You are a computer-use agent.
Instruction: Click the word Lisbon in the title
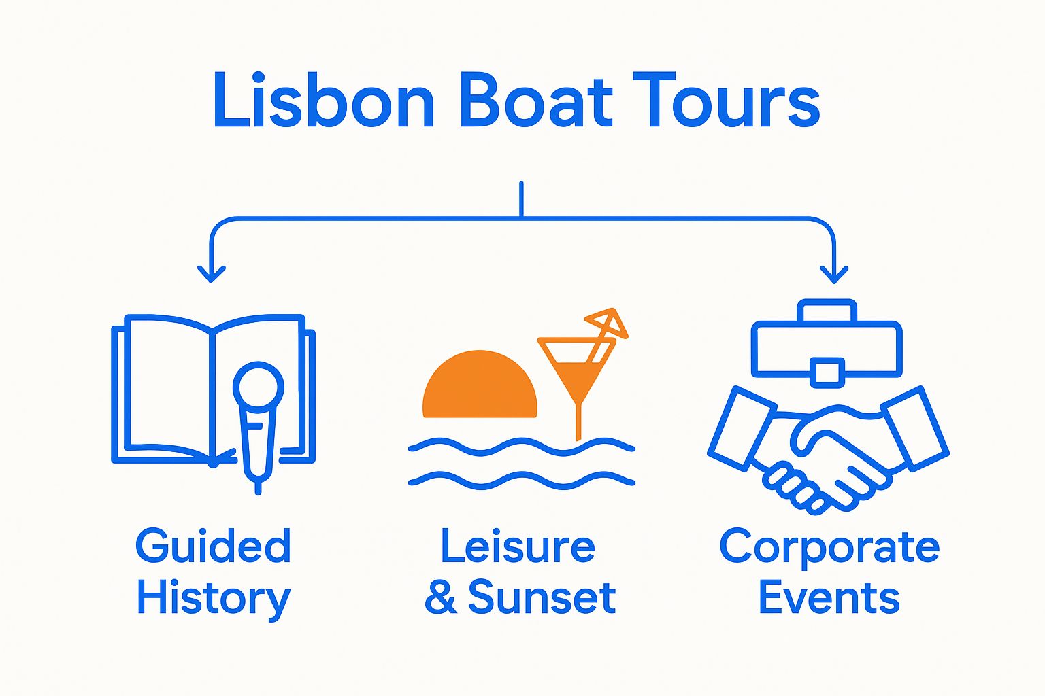pos(323,101)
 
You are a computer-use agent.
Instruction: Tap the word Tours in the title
pos(726,101)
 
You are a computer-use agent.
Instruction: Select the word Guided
pos(213,547)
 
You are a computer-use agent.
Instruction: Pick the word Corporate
pos(829,547)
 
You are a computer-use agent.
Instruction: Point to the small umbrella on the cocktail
pos(607,322)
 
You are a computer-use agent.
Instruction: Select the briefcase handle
pos(827,312)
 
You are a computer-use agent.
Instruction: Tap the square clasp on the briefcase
pos(827,372)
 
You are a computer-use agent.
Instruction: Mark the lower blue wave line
pos(521,480)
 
